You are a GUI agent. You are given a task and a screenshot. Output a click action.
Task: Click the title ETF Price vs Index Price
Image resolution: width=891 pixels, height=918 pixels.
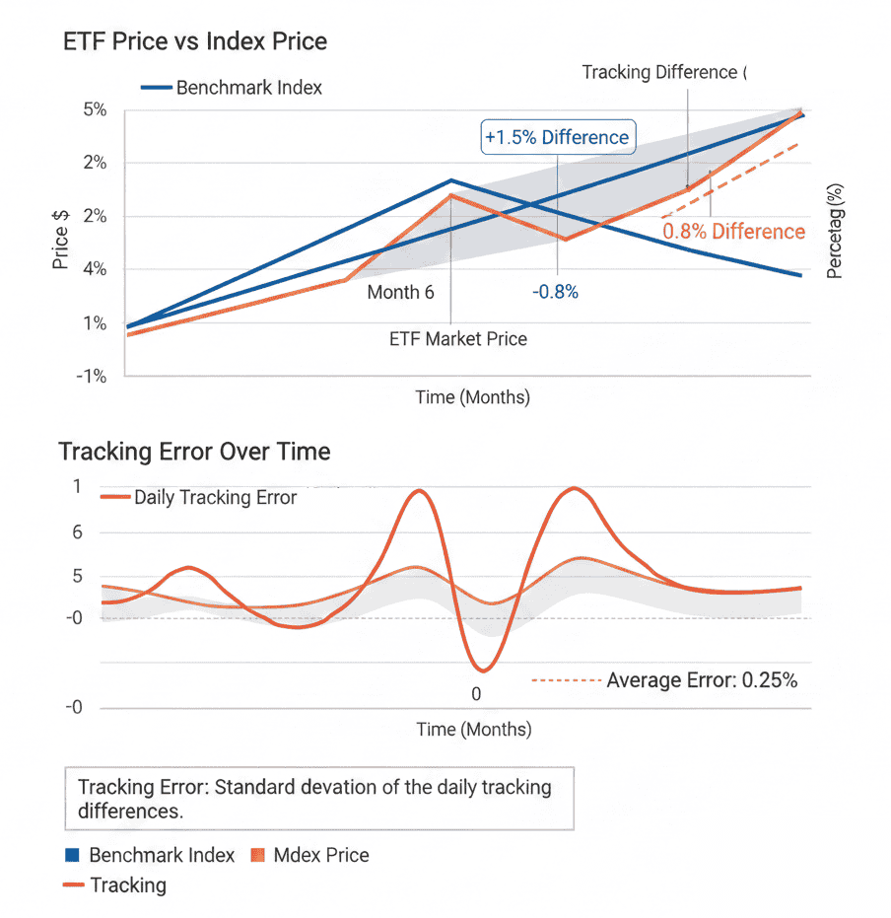pyautogui.click(x=194, y=41)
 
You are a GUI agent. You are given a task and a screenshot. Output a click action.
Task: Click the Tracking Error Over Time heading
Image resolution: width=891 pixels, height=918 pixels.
pyautogui.click(x=194, y=452)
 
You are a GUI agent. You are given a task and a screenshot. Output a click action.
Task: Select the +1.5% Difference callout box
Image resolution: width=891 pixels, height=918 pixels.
pyautogui.click(x=557, y=137)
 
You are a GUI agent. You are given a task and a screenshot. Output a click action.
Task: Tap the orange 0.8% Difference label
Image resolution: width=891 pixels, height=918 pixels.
pyautogui.click(x=733, y=232)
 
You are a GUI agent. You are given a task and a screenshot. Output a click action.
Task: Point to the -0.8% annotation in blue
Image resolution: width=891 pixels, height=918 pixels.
pyautogui.click(x=555, y=292)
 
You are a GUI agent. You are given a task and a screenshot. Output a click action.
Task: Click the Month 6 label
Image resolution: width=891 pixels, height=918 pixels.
pyautogui.click(x=400, y=292)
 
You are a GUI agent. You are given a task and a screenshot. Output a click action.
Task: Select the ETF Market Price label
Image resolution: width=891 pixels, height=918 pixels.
pyautogui.click(x=458, y=339)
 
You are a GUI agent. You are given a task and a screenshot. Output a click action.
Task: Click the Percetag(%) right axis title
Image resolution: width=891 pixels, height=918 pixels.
pyautogui.click(x=836, y=230)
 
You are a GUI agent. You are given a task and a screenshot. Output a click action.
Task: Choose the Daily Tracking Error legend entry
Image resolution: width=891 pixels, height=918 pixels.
pyautogui.click(x=215, y=497)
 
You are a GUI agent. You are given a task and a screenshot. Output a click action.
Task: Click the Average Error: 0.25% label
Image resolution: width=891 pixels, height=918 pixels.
pyautogui.click(x=701, y=680)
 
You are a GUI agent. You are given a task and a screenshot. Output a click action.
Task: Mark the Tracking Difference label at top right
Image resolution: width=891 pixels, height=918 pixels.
pyautogui.click(x=659, y=72)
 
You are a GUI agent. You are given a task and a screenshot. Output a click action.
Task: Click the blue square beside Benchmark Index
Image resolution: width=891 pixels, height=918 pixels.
pyautogui.click(x=70, y=855)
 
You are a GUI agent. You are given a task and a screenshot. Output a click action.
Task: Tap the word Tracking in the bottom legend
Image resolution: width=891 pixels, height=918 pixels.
pyautogui.click(x=128, y=884)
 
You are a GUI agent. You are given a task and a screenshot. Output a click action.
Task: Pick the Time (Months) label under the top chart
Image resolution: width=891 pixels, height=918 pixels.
pyautogui.click(x=473, y=397)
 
